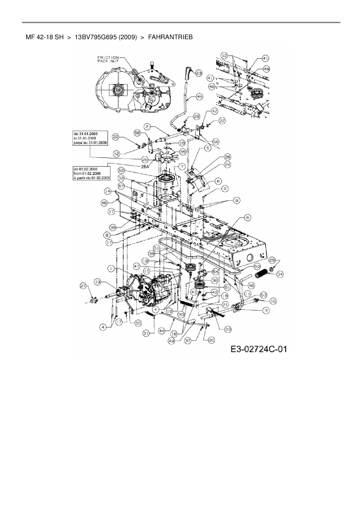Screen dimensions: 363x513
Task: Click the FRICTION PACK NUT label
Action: pos(108,59)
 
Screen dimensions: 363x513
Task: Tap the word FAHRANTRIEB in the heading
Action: pos(170,37)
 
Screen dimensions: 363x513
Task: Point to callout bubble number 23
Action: pos(199,73)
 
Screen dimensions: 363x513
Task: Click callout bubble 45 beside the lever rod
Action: pos(199,96)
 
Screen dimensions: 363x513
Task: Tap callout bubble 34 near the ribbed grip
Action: pos(280,274)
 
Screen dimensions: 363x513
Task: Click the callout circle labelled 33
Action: pos(228,329)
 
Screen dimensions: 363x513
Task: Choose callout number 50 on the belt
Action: pos(257,267)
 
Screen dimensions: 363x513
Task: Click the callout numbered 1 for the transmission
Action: pos(111,268)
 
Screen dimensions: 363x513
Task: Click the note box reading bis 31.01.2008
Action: pos(90,138)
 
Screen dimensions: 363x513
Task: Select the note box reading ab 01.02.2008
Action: pos(91,173)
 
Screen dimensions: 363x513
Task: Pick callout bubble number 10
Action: pos(273,301)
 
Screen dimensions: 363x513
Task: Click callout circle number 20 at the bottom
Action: pos(211,340)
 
